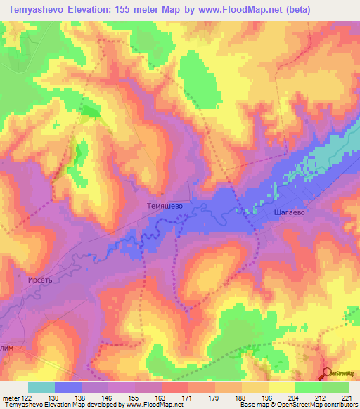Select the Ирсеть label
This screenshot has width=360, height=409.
click(x=40, y=279)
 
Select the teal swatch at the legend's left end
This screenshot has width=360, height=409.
click(x=41, y=387)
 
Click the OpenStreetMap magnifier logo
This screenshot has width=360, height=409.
click(x=328, y=373)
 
